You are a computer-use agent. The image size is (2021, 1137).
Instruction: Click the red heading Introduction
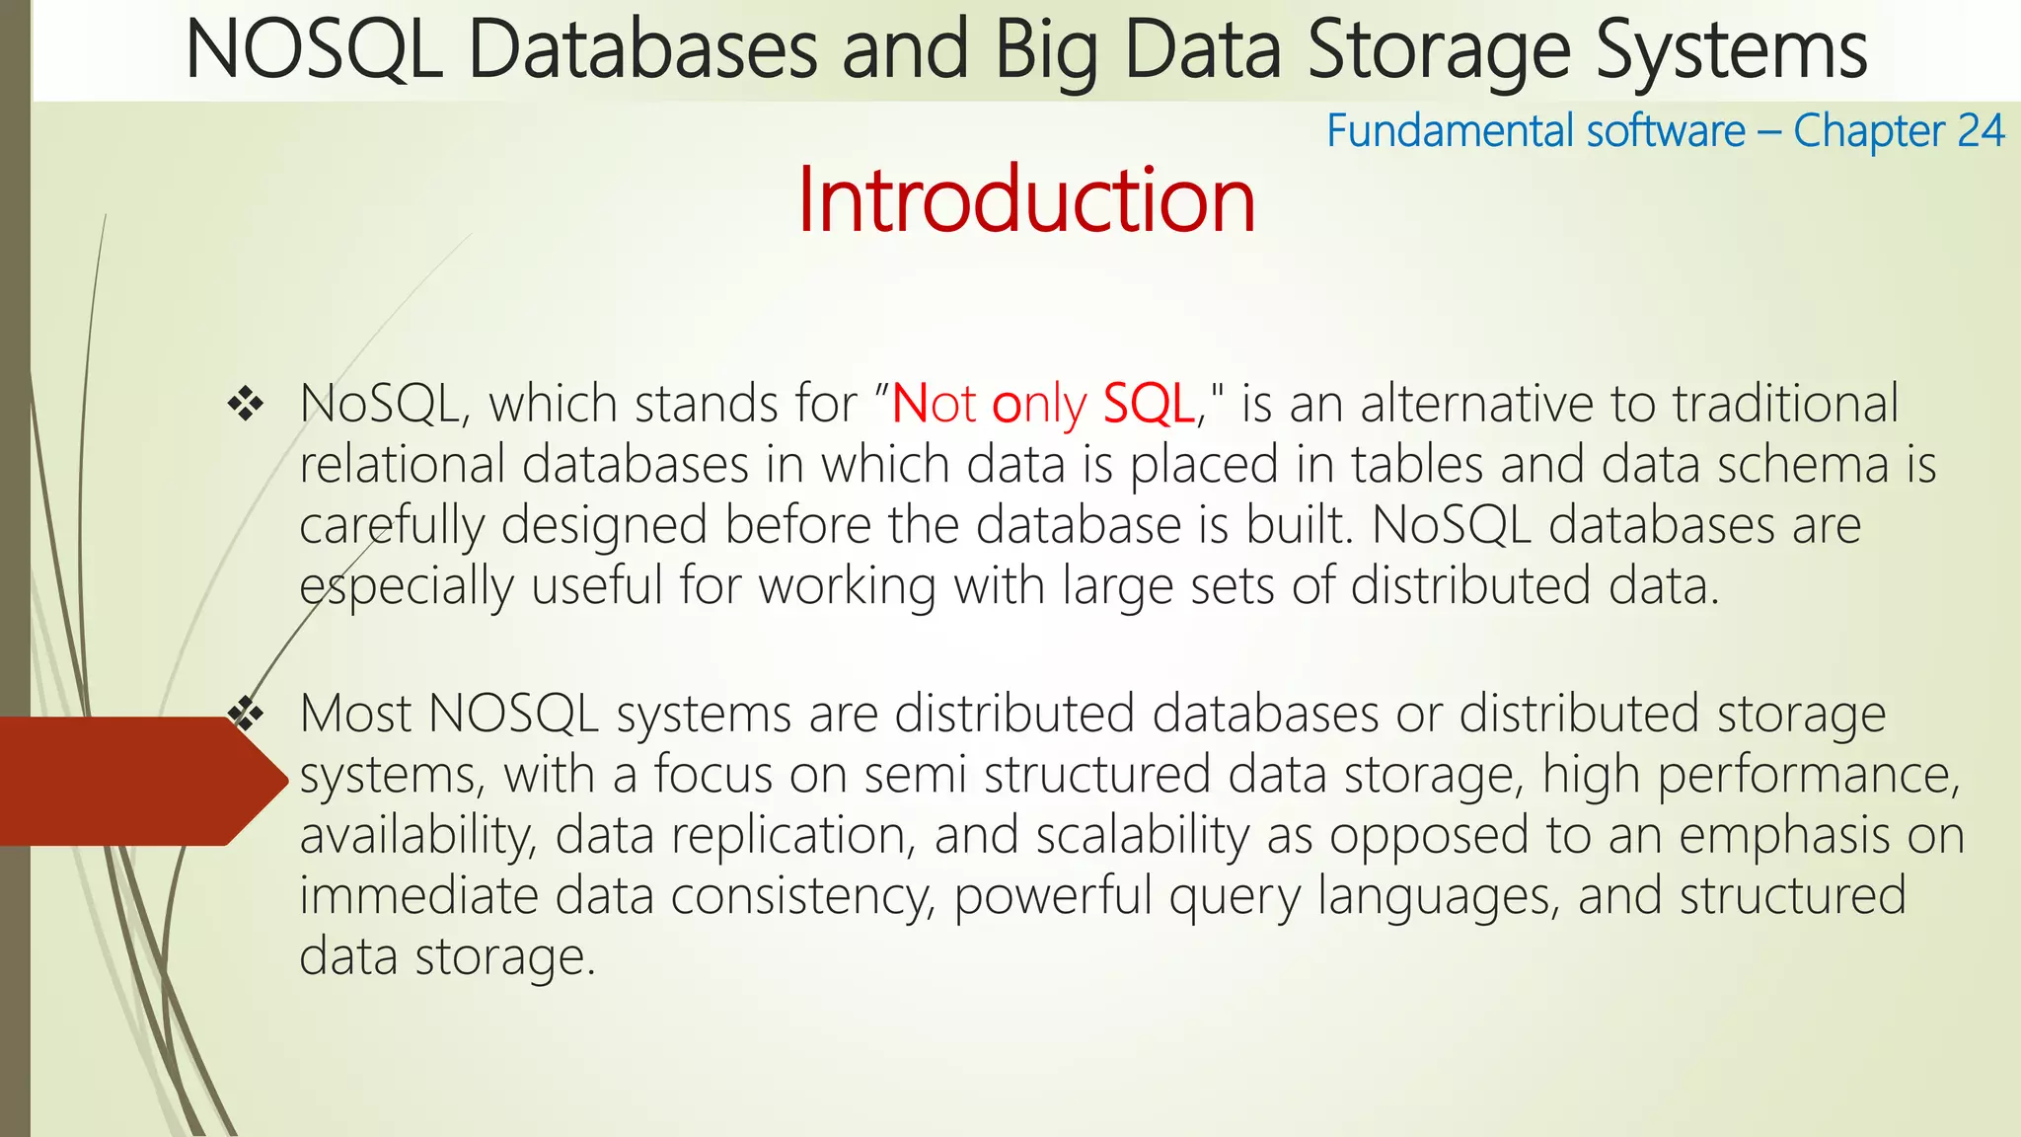[1026, 200]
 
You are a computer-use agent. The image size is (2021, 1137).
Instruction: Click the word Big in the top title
[1046, 51]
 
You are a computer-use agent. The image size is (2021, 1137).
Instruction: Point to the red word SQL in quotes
[1148, 404]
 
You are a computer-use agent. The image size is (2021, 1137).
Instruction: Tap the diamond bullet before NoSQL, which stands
[246, 404]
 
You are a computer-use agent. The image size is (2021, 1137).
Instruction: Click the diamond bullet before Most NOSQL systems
[246, 714]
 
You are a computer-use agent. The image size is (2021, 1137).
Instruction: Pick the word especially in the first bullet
[407, 587]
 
